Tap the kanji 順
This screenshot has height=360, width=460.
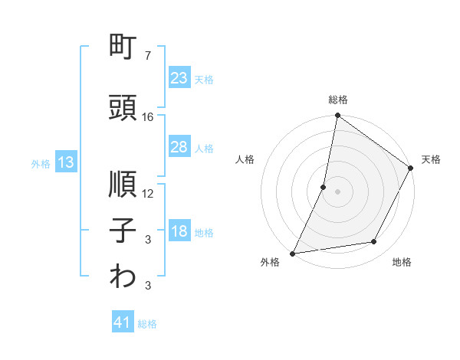123,185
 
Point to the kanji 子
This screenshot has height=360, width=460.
123,230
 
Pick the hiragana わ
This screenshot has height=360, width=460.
123,277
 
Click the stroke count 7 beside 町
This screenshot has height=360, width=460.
148,57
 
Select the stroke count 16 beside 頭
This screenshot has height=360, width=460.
148,117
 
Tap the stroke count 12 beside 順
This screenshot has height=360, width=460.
148,194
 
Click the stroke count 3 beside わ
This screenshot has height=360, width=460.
148,286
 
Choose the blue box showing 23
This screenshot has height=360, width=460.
179,78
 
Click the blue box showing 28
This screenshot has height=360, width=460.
179,147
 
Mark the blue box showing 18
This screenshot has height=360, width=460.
179,232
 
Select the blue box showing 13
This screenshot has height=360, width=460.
65,162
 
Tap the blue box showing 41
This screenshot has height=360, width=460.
123,323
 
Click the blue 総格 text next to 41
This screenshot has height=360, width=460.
147,324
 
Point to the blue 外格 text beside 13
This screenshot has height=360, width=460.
41,163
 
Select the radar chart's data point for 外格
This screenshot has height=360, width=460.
293,253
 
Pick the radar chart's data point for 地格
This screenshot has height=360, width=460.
374,242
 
